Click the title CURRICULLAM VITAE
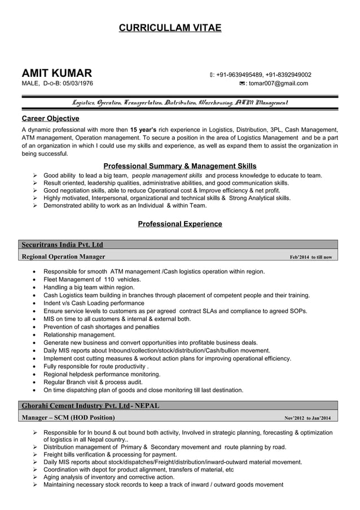170,28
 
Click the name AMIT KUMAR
57,74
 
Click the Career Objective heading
50,119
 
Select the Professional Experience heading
179,224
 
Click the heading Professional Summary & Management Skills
179,166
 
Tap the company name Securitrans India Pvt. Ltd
62,245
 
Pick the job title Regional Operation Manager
63,257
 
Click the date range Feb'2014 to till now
310,258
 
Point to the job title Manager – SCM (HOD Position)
68,418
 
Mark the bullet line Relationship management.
80,335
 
